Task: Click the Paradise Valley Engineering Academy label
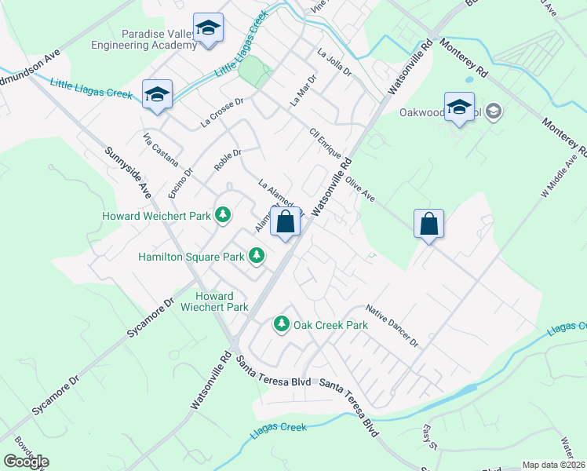(x=159, y=39)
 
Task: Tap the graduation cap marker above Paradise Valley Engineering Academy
(x=208, y=29)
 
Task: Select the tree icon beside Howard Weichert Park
(x=224, y=214)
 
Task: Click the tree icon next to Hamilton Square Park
(x=256, y=255)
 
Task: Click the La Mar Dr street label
(x=302, y=90)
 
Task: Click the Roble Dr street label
(x=227, y=160)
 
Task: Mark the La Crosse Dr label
(x=223, y=111)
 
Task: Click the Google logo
(x=26, y=461)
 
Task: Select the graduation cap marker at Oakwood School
(x=459, y=108)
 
